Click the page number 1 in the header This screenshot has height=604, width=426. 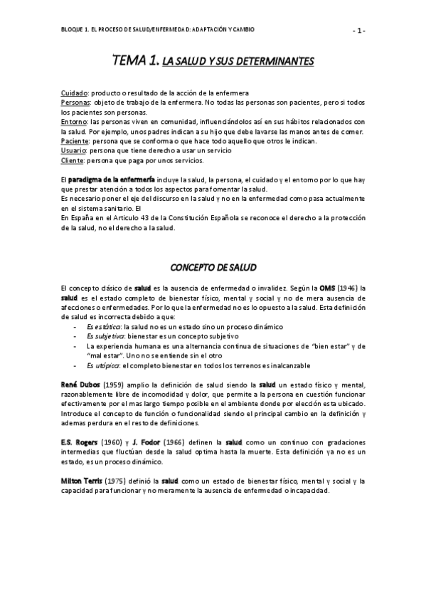[359, 30]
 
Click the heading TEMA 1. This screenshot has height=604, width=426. [136, 63]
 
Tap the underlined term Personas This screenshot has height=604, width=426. [75, 103]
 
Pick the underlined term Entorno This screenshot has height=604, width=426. [74, 122]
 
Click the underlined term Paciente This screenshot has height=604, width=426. [75, 141]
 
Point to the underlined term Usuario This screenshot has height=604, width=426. [74, 151]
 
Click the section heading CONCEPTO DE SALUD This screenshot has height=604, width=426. [212, 267]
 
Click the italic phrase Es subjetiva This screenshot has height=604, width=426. [104, 335]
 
